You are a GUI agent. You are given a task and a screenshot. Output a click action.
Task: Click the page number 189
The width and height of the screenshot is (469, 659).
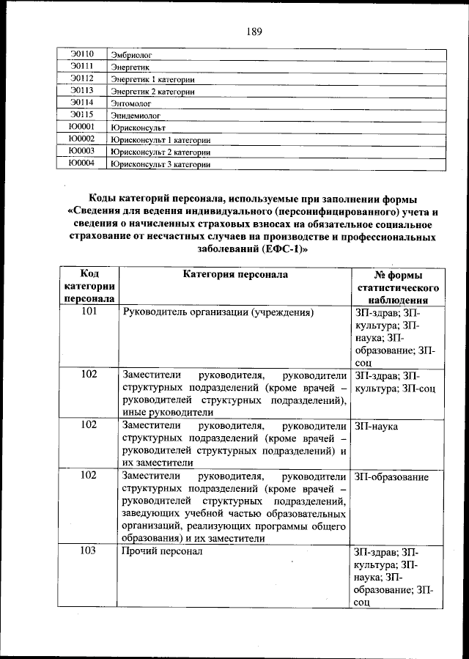[x=254, y=31]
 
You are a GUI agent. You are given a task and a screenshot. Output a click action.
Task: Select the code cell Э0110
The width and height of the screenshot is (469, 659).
[x=81, y=54]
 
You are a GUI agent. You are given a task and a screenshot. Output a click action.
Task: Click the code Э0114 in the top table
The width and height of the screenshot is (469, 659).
[x=81, y=103]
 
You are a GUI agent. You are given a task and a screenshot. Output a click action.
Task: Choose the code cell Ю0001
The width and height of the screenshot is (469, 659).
[x=81, y=127]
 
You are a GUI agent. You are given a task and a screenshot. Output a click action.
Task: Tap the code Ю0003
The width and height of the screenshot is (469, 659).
[x=81, y=151]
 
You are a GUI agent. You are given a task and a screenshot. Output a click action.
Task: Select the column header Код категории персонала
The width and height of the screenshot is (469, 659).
[x=89, y=286]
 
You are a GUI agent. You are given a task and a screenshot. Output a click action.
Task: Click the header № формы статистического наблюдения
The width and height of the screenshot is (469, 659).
[x=396, y=287]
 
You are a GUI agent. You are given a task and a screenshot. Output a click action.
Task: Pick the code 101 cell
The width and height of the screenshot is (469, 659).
[x=89, y=312]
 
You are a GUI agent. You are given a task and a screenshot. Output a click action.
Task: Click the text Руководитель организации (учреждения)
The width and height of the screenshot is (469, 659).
[x=218, y=312]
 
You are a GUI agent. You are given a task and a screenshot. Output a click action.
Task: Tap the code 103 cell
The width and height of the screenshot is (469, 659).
[x=89, y=551]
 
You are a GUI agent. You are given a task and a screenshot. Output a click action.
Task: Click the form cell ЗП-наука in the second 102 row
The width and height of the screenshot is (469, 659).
[x=377, y=425]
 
